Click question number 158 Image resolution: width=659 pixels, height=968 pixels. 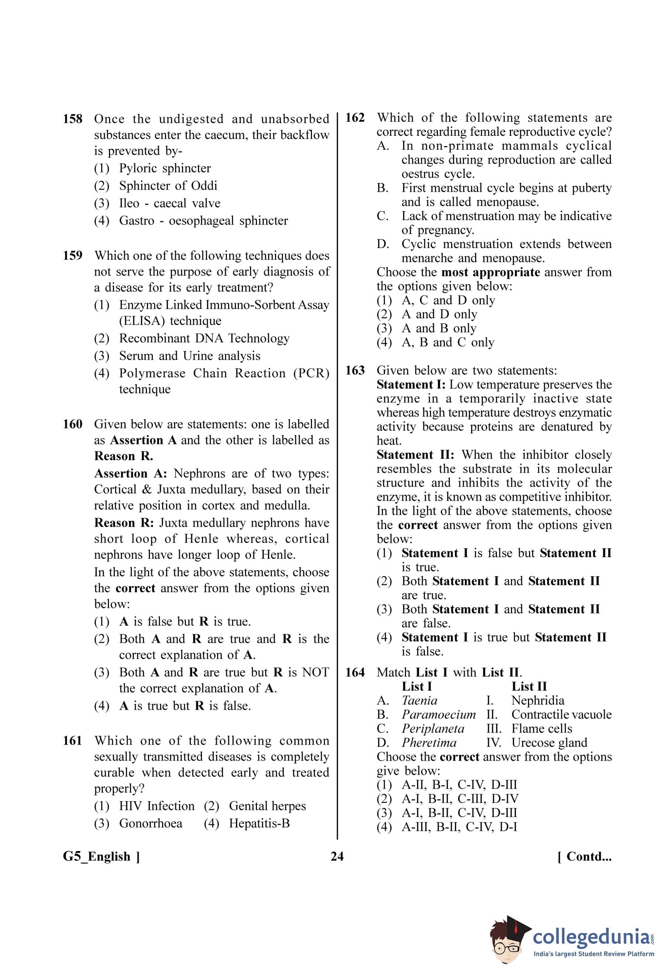point(72,119)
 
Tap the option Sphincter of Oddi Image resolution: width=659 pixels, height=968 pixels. point(168,186)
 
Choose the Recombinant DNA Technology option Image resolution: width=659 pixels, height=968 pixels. point(204,338)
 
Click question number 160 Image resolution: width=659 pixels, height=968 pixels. point(72,424)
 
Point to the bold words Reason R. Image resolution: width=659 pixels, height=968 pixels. point(123,456)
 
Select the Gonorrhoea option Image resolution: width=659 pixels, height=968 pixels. point(150,823)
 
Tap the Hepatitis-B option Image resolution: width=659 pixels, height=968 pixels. point(259,823)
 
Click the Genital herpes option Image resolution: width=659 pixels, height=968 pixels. point(267,806)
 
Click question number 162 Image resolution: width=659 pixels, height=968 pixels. point(355,118)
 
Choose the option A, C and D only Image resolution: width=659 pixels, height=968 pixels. point(448,300)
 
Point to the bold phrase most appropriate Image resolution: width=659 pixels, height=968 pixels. point(490,272)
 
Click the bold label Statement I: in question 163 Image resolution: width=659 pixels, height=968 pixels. point(411,385)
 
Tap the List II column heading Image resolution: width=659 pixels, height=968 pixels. point(529,686)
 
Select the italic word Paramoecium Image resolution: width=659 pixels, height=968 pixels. point(438,714)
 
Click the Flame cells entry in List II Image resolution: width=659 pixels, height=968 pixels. point(542,728)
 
